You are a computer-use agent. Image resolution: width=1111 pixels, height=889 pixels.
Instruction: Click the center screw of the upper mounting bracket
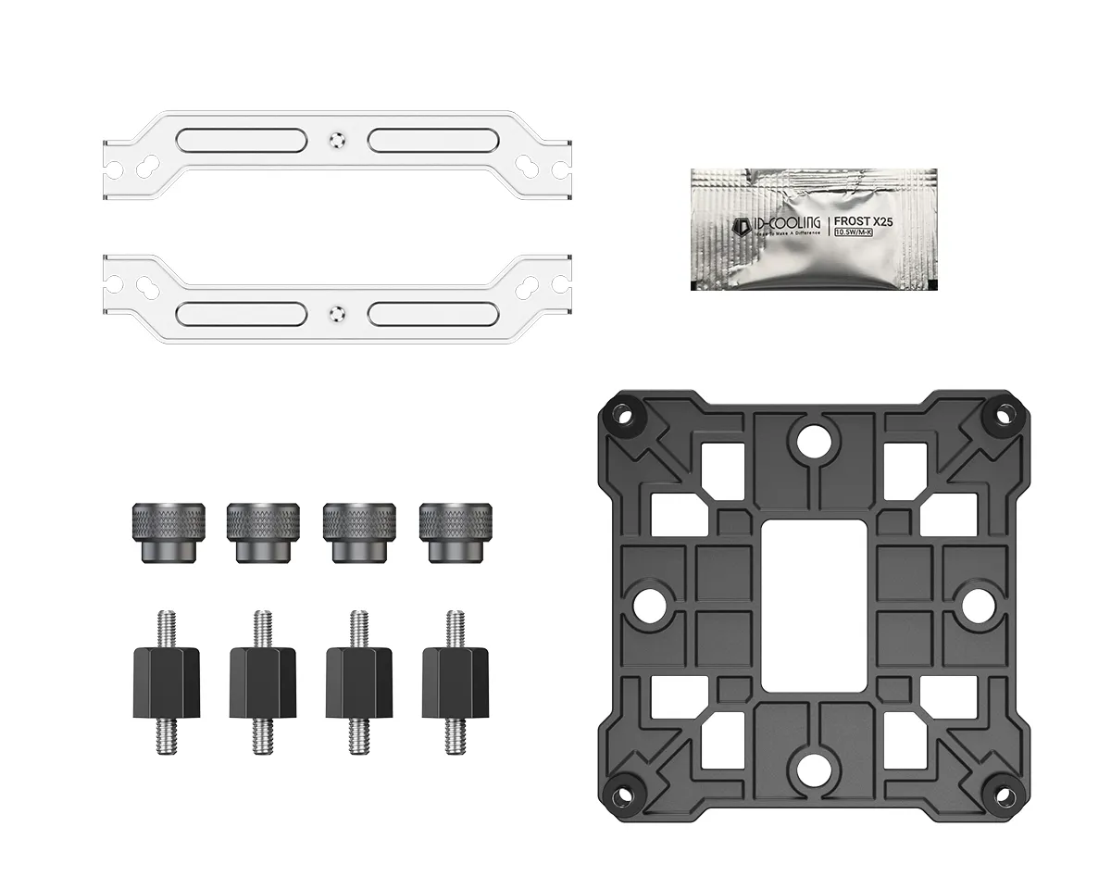337,140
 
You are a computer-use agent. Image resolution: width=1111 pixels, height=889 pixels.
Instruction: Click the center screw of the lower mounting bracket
337,312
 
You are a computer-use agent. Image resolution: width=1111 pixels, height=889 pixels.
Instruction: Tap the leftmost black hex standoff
167,682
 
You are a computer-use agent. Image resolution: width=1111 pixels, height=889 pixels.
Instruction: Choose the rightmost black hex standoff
455,682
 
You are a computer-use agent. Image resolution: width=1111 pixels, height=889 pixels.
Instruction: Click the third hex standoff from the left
358,682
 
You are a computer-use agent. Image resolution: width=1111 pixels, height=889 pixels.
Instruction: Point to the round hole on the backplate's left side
648,603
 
